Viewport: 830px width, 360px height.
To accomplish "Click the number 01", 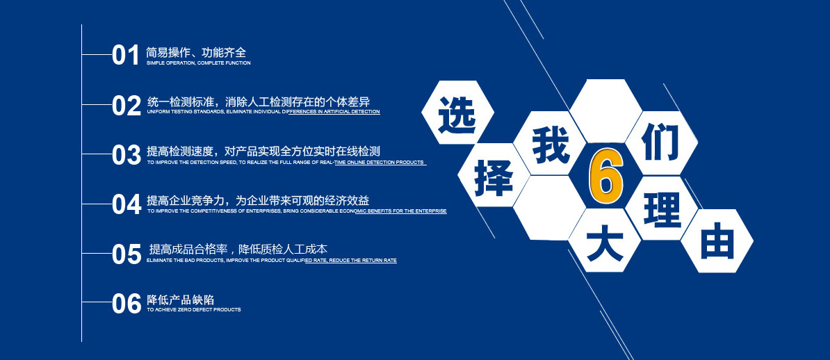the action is (125, 55).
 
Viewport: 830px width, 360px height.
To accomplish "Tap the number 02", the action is (126, 106).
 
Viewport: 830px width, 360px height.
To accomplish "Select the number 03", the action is (126, 154).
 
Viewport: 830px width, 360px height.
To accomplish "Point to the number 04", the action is (127, 204).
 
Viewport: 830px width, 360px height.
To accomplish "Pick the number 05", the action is (127, 254).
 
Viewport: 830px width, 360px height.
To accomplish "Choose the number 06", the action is (127, 303).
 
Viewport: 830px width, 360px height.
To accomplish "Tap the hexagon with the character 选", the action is (458, 112).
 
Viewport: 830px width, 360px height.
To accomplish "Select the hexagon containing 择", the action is (494, 175).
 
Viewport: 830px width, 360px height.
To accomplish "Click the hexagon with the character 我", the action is (550, 143).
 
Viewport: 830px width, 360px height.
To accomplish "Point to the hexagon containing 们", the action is (661, 143).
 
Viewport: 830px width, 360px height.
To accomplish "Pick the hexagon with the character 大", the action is (605, 240).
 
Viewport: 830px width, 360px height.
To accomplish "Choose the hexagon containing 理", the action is (661, 208).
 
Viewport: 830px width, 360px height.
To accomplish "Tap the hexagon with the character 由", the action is (717, 241).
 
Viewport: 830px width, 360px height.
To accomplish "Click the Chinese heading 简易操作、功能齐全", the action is (196, 52).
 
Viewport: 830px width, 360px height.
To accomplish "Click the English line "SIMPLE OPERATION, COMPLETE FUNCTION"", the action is (199, 63).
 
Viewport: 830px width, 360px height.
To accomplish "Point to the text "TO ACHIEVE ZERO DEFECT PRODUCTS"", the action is (194, 310).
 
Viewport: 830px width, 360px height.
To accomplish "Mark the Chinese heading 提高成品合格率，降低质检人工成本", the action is (238, 249).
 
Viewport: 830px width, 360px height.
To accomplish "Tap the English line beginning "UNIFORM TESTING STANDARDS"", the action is (263, 112).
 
